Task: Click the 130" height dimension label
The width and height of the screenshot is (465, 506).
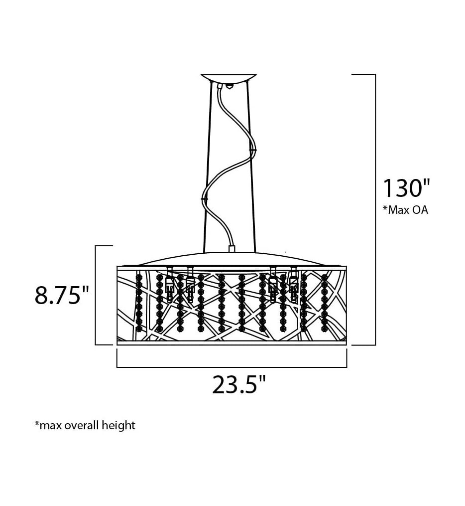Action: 406,188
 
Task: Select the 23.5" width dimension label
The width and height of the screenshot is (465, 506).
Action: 239,384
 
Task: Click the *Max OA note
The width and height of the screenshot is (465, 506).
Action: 405,210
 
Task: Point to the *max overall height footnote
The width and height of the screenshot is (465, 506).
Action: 85,425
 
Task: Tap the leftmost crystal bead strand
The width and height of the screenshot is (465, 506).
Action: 139,303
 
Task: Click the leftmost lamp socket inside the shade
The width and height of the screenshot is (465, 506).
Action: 169,289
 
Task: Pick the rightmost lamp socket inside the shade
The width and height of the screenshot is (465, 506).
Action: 293,288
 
